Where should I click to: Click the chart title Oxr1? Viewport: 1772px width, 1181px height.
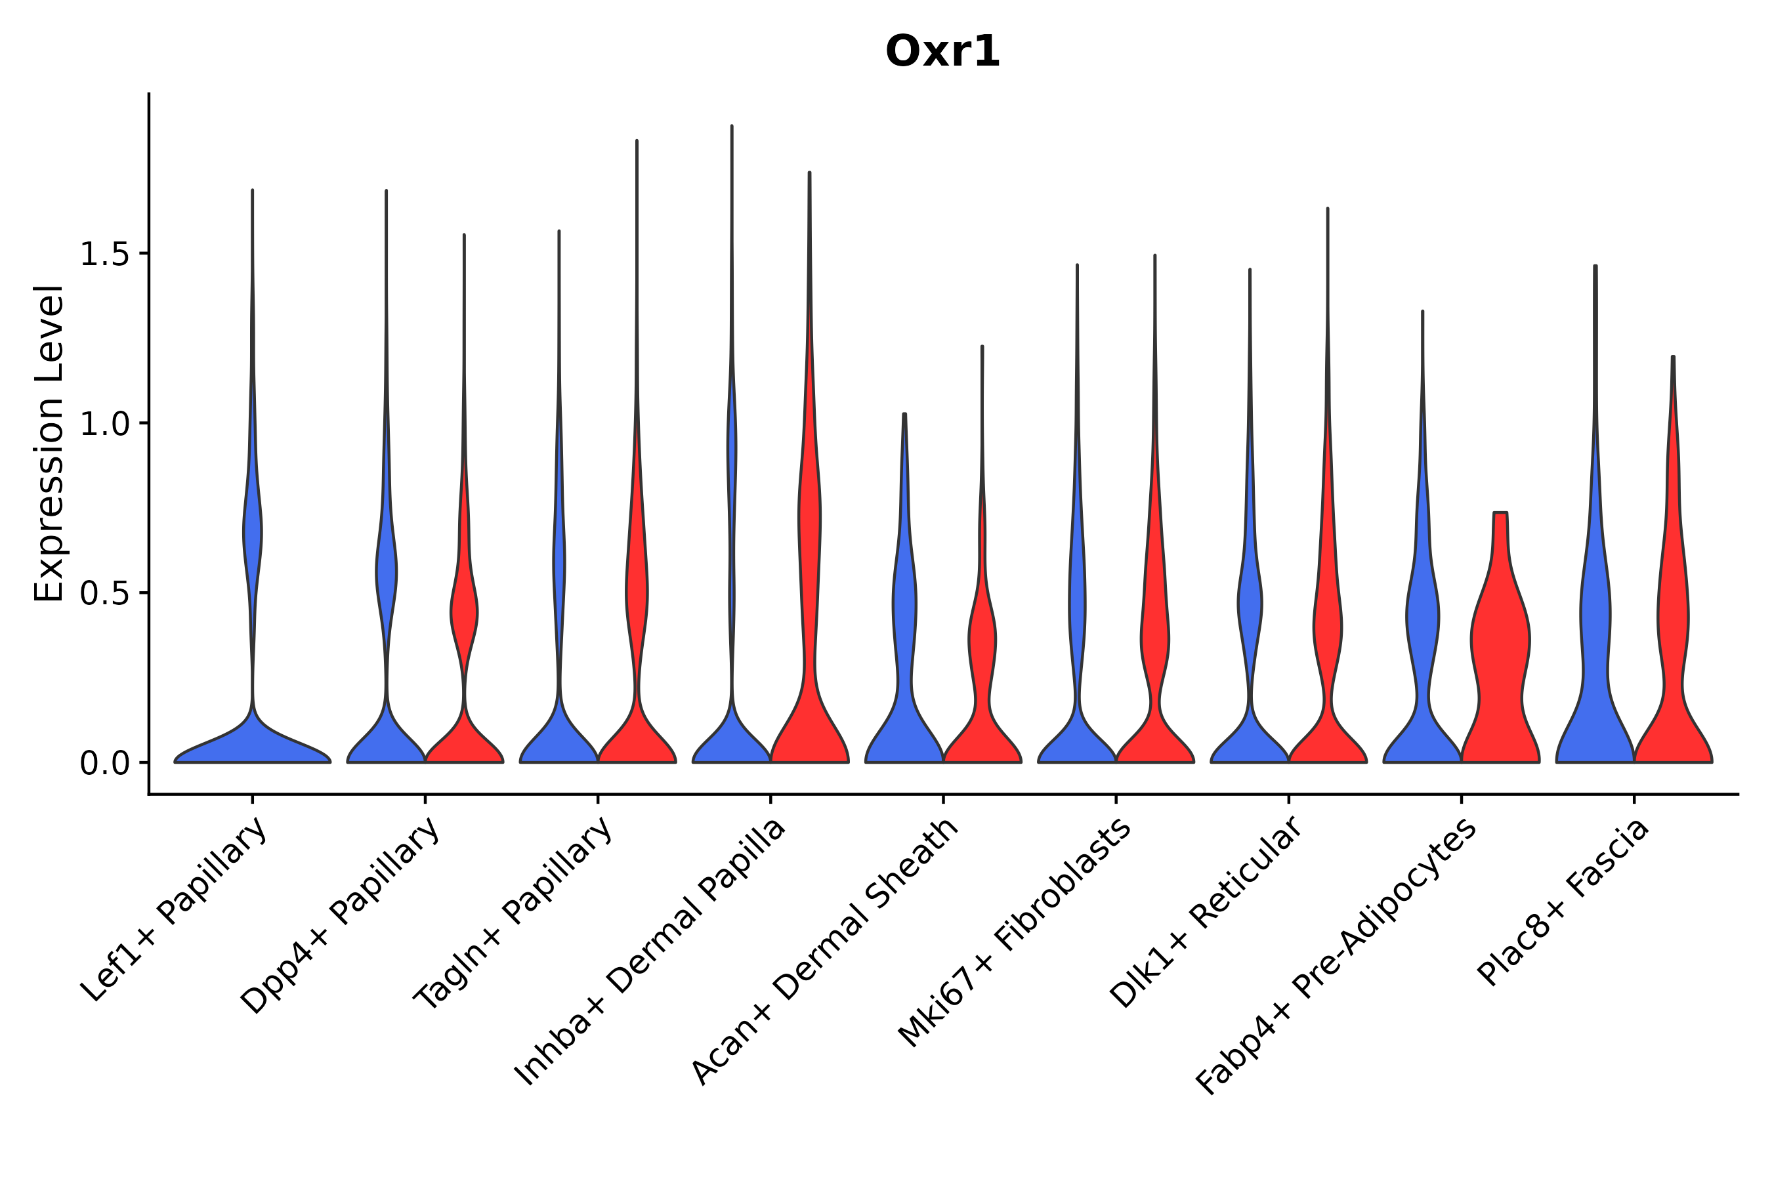[942, 52]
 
